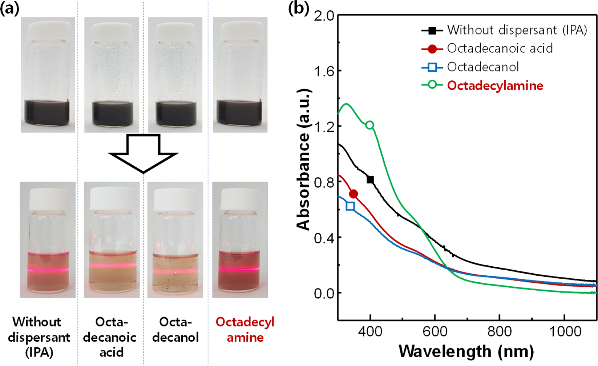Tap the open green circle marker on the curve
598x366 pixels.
pyautogui.click(x=370, y=125)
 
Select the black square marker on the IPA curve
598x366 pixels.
pyautogui.click(x=370, y=180)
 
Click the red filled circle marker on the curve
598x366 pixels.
pyautogui.click(x=353, y=194)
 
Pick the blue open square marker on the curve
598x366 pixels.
pyautogui.click(x=350, y=206)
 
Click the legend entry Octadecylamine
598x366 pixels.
pyautogui.click(x=495, y=86)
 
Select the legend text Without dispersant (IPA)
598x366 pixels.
pyautogui.click(x=517, y=30)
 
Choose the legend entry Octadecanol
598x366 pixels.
pyautogui.click(x=483, y=67)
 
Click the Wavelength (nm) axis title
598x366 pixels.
pyautogui.click(x=466, y=351)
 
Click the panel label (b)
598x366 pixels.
pyautogui.click(x=298, y=8)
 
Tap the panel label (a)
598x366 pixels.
pyautogui.click(x=10, y=8)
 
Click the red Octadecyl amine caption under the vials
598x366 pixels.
pyautogui.click(x=245, y=330)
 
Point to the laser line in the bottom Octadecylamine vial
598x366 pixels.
pyautogui.click(x=240, y=269)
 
